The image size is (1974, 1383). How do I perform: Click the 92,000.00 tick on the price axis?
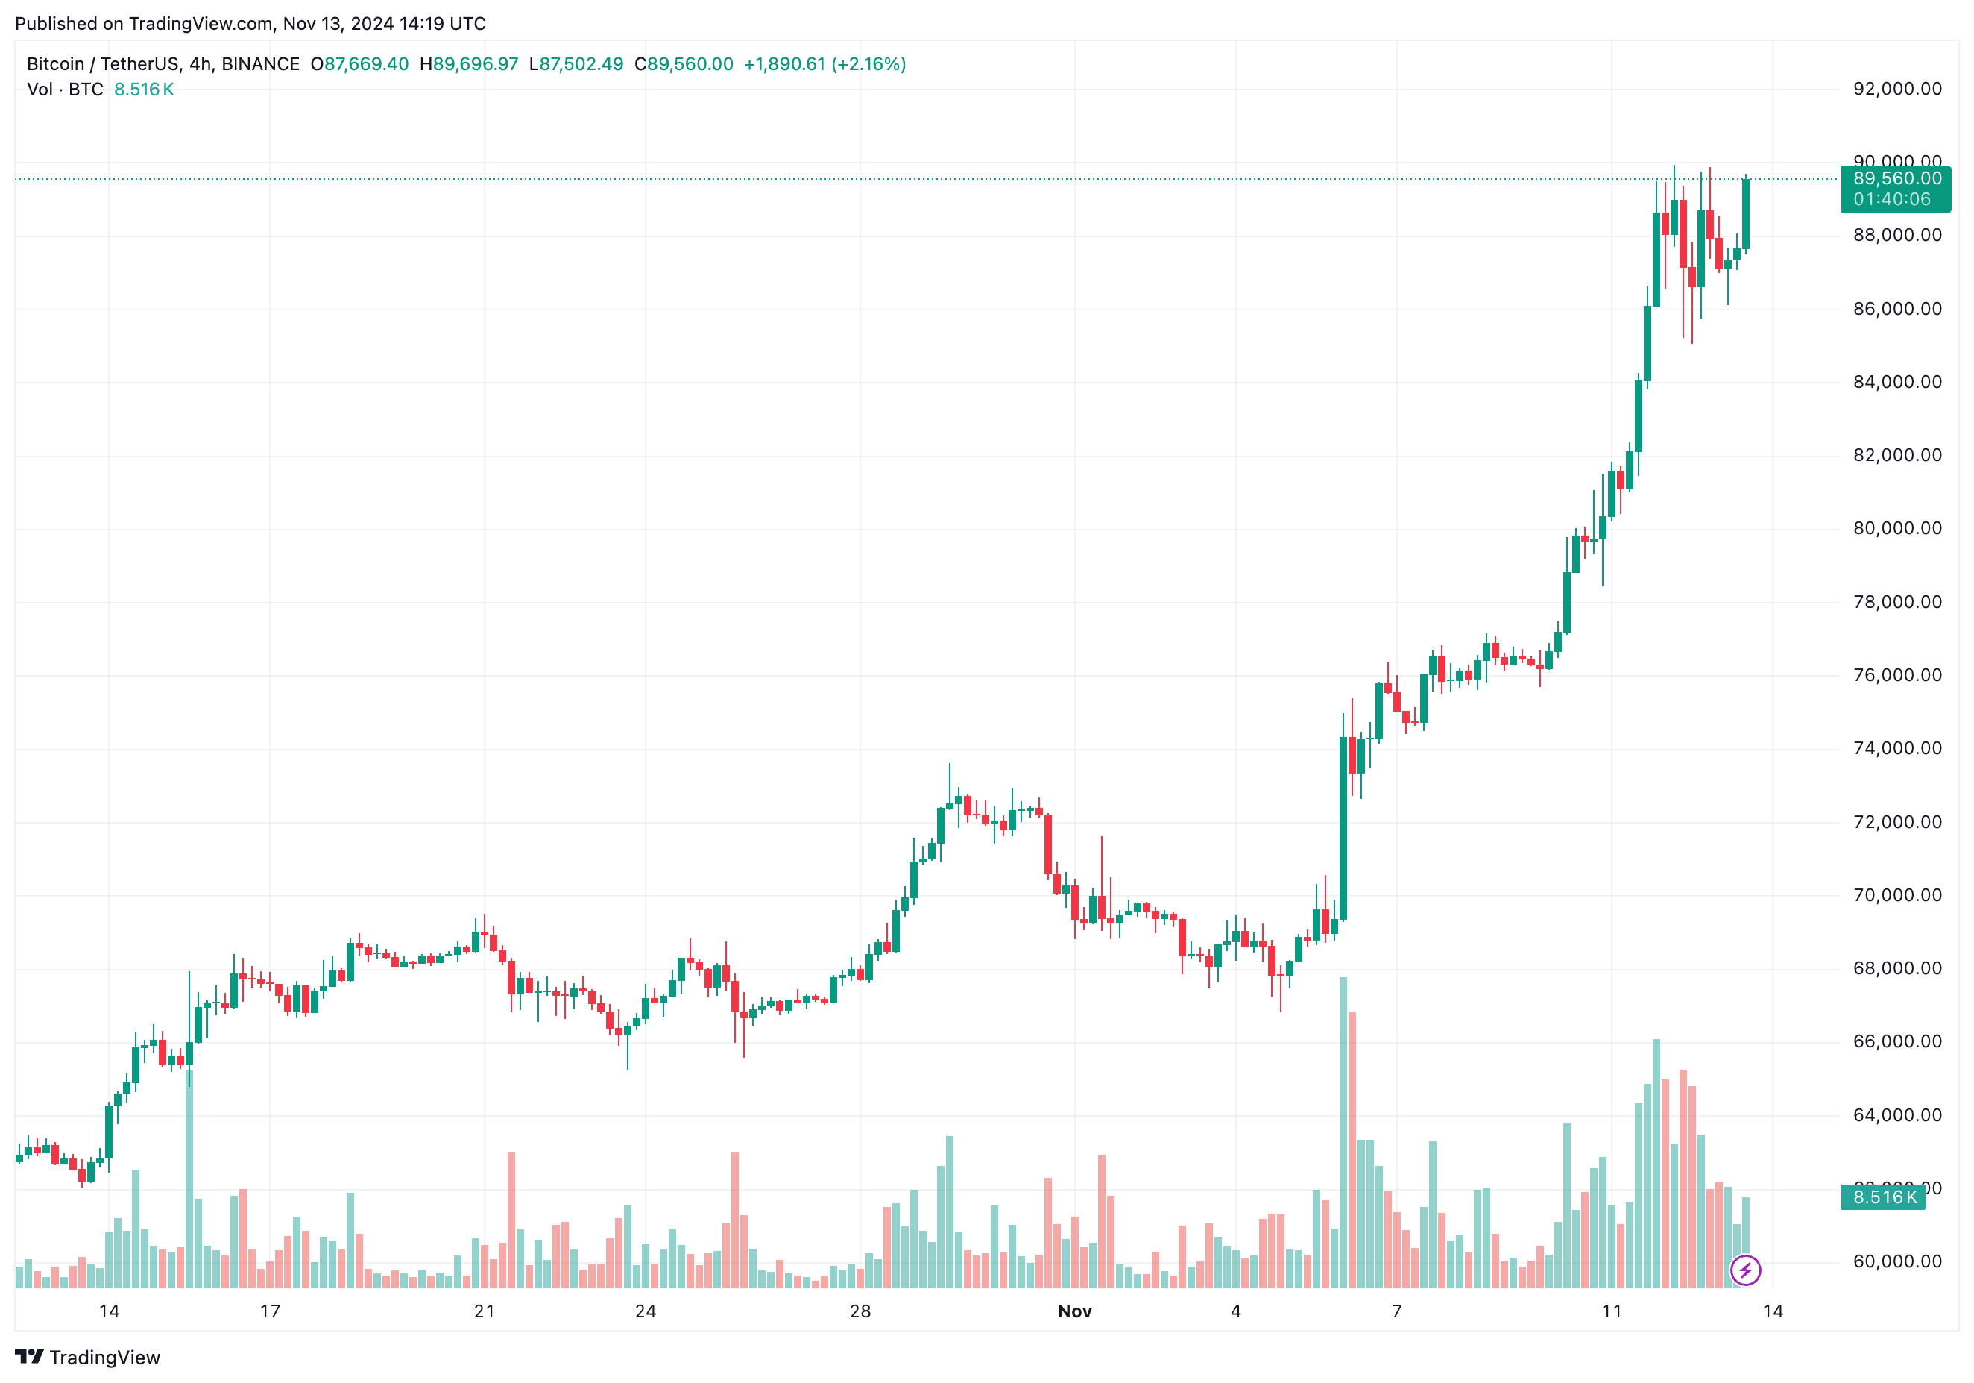(1896, 89)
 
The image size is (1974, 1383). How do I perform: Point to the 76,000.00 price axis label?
(1896, 675)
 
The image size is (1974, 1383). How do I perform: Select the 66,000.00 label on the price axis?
(1896, 1041)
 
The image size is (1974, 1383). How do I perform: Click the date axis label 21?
(484, 1311)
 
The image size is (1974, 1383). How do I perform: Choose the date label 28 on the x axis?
(860, 1311)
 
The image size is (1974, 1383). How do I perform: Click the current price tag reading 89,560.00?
(1896, 179)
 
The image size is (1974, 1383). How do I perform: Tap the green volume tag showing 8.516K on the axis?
(1884, 1197)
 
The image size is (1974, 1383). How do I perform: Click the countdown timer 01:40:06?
(1891, 199)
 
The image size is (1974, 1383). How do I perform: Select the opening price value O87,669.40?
(359, 64)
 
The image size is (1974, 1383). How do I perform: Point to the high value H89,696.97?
(469, 64)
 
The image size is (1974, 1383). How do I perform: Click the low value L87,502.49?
(576, 64)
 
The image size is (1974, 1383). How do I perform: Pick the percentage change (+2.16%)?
(868, 64)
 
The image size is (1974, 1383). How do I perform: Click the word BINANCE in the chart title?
(260, 64)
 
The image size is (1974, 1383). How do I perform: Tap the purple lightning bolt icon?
(1745, 1270)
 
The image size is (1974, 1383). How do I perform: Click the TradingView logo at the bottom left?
(88, 1357)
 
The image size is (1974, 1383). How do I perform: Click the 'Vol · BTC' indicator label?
(66, 90)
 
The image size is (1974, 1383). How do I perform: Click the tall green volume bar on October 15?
(189, 1179)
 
